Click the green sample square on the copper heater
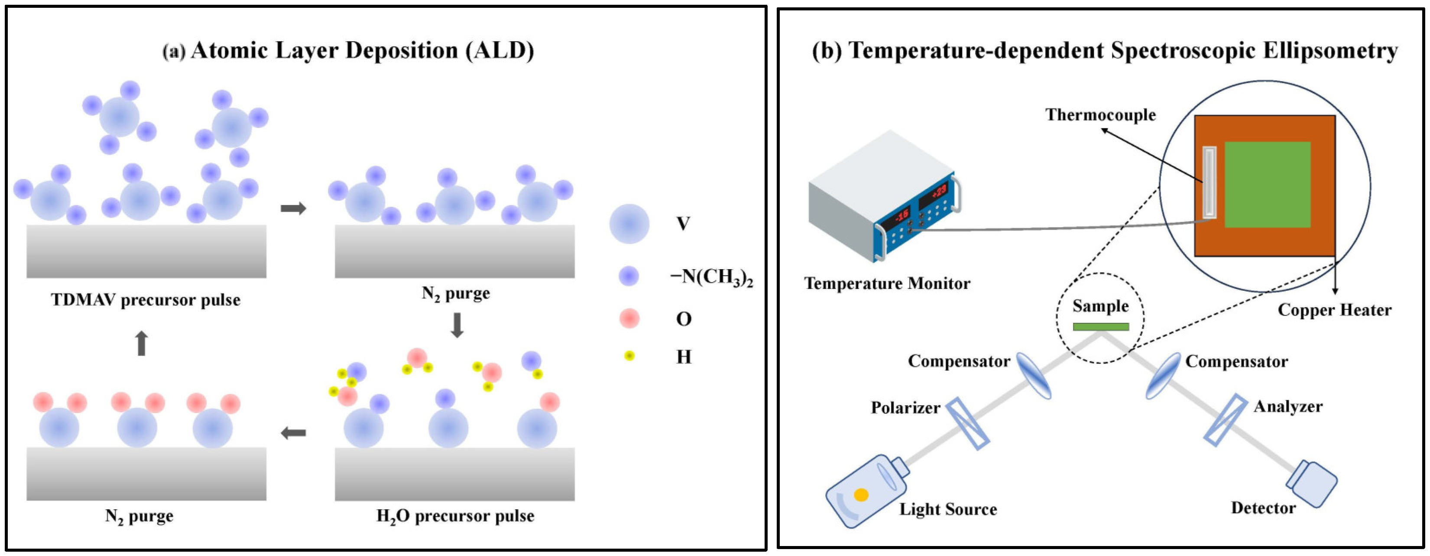[1268, 185]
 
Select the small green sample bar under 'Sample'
[1100, 327]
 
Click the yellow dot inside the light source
[861, 495]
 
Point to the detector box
[1311, 483]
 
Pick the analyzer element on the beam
[1225, 420]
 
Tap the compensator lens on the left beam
[1033, 375]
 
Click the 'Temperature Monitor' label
[887, 284]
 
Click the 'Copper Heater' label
[1335, 310]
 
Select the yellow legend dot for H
[629, 355]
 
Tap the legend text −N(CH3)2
[712, 276]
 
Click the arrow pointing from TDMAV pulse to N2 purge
[293, 208]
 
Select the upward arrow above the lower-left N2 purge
[142, 343]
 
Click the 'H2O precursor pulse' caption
[455, 516]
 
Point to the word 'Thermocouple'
[1100, 115]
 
